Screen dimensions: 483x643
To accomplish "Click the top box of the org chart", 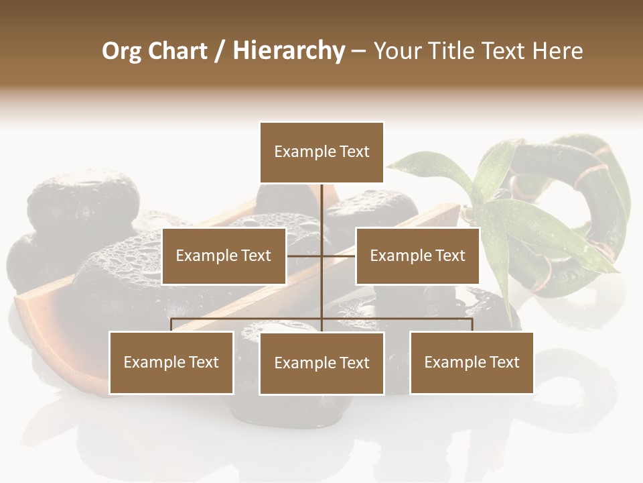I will coord(321,152).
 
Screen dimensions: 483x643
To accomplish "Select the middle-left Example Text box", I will coord(224,256).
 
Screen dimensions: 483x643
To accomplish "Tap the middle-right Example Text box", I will coord(417,256).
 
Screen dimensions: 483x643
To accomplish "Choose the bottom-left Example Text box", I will coord(171,363).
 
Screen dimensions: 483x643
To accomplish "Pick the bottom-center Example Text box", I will coord(321,364).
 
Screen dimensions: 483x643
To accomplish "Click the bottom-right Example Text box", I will coord(472,363).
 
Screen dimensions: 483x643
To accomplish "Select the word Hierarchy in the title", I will coord(289,51).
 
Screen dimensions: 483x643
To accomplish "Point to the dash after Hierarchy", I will coord(358,51).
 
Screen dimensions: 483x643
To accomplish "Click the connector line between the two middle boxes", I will coord(321,256).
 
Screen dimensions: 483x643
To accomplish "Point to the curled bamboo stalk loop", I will coord(603,201).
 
